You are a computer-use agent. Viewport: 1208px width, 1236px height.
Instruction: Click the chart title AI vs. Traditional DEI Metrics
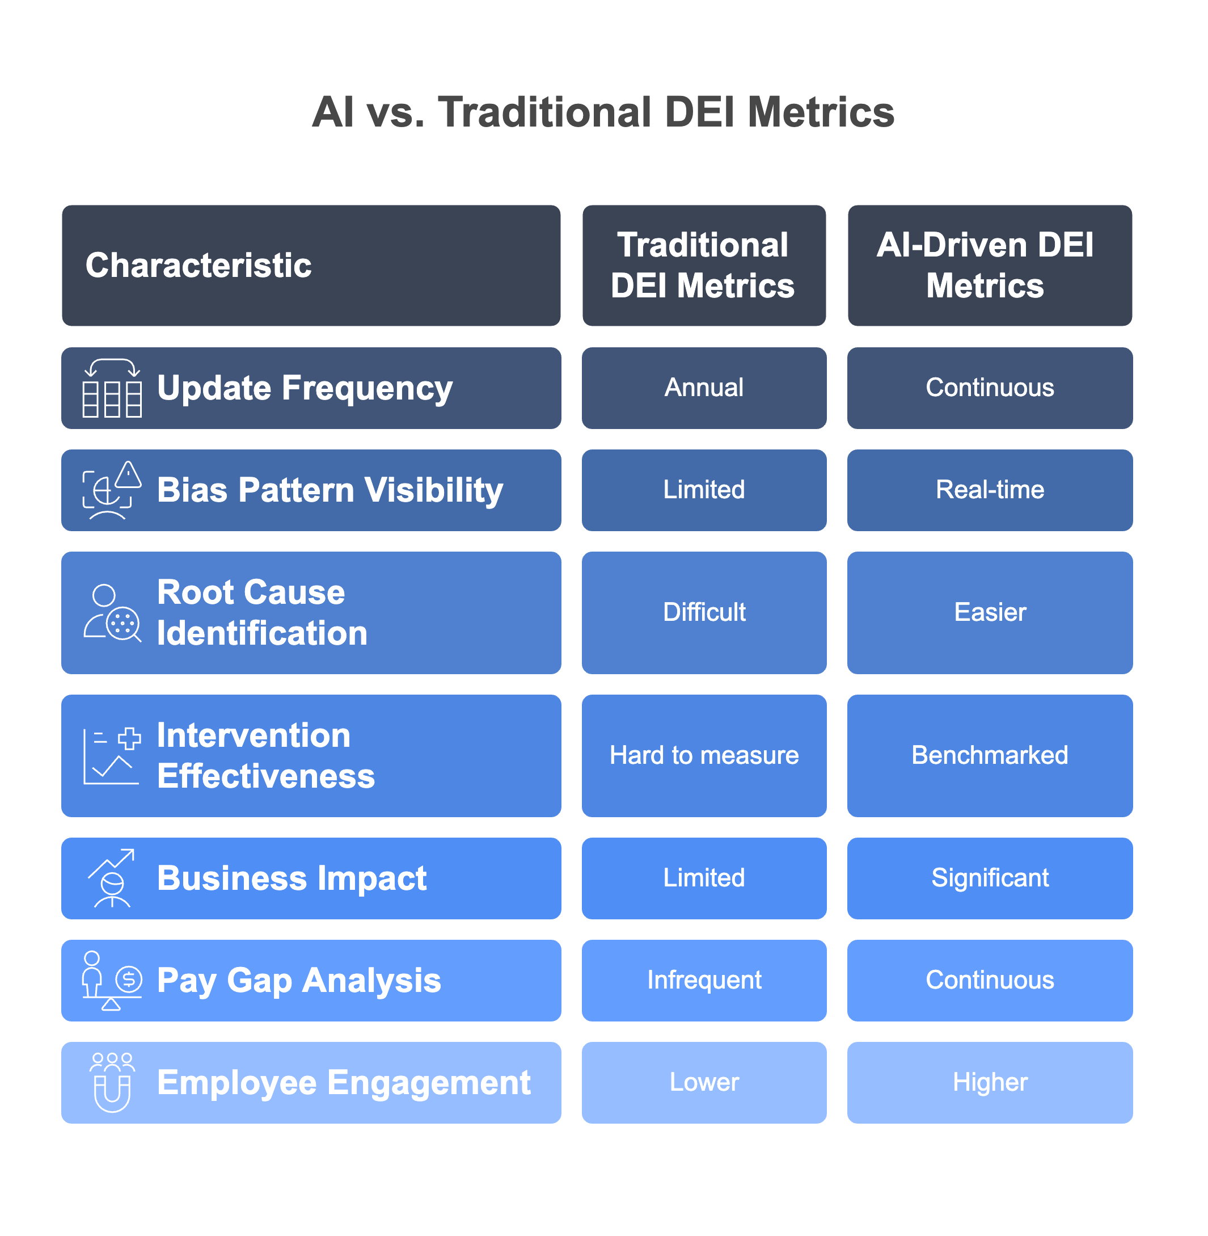603,112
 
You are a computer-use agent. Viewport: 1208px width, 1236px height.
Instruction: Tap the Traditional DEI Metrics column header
704,266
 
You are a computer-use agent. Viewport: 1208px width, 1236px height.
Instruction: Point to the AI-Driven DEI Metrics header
989,266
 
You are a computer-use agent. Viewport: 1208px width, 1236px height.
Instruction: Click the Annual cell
704,388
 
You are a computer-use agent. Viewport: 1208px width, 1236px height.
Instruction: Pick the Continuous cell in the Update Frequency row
989,388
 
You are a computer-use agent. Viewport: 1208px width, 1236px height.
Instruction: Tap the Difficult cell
704,612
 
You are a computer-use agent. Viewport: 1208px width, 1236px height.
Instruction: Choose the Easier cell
989,612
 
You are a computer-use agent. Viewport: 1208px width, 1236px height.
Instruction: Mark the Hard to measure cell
704,755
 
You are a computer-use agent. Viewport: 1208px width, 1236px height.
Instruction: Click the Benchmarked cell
989,755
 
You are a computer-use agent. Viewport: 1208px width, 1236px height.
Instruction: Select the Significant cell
989,878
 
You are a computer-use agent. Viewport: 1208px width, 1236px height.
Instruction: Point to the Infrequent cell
704,980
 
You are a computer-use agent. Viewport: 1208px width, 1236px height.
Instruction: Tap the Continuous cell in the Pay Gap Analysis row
989,980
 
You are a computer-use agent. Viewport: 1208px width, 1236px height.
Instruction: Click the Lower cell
704,1082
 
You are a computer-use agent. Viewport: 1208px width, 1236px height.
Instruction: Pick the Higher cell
989,1082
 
